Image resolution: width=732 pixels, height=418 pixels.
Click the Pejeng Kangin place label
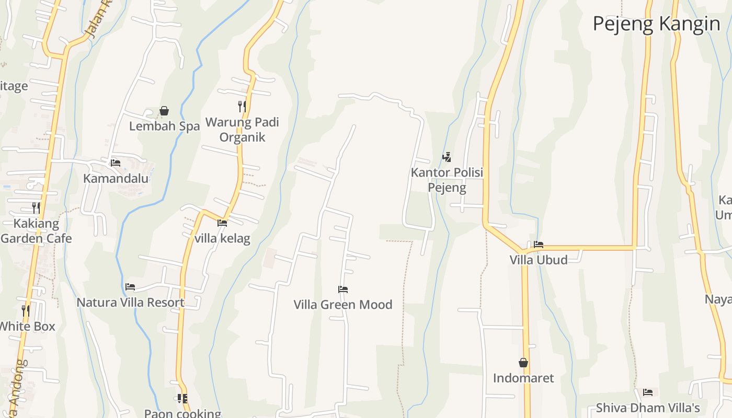pyautogui.click(x=656, y=24)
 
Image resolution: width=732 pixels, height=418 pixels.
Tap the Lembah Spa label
pyautogui.click(x=164, y=126)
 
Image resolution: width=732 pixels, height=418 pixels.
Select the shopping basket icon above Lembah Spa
pyautogui.click(x=164, y=111)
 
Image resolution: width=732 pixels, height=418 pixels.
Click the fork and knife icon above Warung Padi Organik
pyautogui.click(x=242, y=107)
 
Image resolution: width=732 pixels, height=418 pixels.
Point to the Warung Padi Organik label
pyautogui.click(x=242, y=130)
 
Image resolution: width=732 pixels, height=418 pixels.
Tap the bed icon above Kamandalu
pyautogui.click(x=116, y=163)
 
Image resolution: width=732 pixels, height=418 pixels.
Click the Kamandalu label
pyautogui.click(x=116, y=178)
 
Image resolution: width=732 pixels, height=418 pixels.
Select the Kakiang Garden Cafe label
pyautogui.click(x=36, y=231)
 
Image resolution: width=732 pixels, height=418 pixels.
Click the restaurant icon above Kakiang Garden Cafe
pyautogui.click(x=36, y=208)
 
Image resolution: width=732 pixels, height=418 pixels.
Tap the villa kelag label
pyautogui.click(x=222, y=238)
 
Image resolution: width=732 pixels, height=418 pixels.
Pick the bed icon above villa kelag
pyautogui.click(x=222, y=223)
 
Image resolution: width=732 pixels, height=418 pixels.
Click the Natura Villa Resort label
pyautogui.click(x=130, y=302)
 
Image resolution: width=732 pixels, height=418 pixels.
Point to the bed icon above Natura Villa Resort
pyautogui.click(x=130, y=287)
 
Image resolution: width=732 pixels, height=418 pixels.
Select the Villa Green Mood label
pyautogui.click(x=343, y=304)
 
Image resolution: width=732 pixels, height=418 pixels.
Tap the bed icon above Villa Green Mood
pyautogui.click(x=343, y=289)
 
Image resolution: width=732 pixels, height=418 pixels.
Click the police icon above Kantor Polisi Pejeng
pyautogui.click(x=447, y=157)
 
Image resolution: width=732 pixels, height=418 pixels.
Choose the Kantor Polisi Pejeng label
pyautogui.click(x=447, y=180)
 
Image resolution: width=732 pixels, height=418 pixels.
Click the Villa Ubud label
pyautogui.click(x=539, y=260)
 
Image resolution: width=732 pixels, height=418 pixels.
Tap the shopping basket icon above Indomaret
pyautogui.click(x=523, y=363)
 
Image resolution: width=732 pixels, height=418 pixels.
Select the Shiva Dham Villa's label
pyautogui.click(x=648, y=408)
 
